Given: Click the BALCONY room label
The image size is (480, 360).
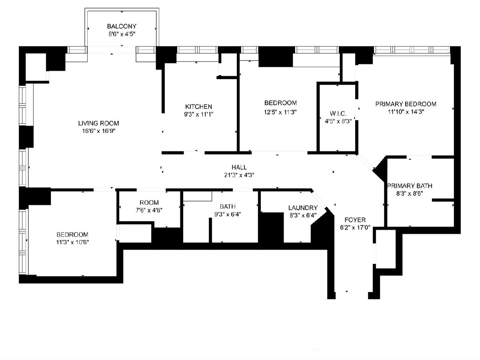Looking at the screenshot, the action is click(122, 26).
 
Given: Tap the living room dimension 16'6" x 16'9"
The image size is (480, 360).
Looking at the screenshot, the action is click(99, 131).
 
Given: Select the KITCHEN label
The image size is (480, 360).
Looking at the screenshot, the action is click(198, 107).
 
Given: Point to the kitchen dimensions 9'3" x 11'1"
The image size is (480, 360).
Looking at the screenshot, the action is click(198, 114).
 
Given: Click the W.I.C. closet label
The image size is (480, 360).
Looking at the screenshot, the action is click(338, 114).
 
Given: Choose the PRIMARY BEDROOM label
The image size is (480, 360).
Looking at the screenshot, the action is click(406, 104).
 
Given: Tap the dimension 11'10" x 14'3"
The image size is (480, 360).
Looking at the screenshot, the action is click(406, 112).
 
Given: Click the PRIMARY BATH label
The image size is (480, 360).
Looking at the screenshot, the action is click(410, 186).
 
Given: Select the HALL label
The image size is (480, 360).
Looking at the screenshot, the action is click(239, 168).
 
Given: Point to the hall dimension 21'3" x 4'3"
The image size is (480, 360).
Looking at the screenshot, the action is click(239, 175).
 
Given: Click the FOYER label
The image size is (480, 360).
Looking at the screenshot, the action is click(355, 220).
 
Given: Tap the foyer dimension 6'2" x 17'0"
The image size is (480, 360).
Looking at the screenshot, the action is click(355, 228).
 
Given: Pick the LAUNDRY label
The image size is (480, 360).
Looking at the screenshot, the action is click(303, 208).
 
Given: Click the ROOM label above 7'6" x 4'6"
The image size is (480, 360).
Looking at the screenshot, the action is click(149, 203).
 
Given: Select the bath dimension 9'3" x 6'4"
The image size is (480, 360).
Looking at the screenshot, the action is click(228, 214).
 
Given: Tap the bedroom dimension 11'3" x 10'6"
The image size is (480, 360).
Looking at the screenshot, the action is click(72, 242).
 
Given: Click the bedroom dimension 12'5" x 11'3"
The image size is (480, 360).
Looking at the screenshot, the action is click(280, 112).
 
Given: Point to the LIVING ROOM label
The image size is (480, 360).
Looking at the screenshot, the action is click(99, 123).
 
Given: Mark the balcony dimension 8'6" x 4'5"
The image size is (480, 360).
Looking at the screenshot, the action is click(122, 34).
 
